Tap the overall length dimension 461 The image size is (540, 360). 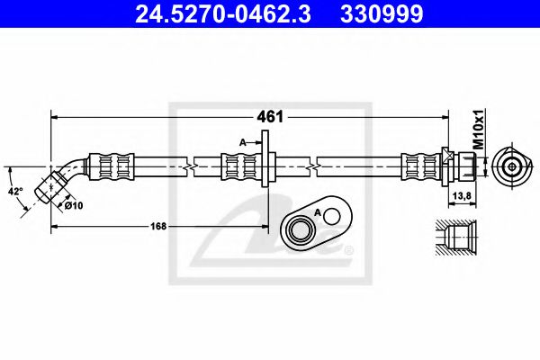click(272, 116)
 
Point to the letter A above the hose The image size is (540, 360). click(243, 141)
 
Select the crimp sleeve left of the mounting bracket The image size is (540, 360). click(238, 166)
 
